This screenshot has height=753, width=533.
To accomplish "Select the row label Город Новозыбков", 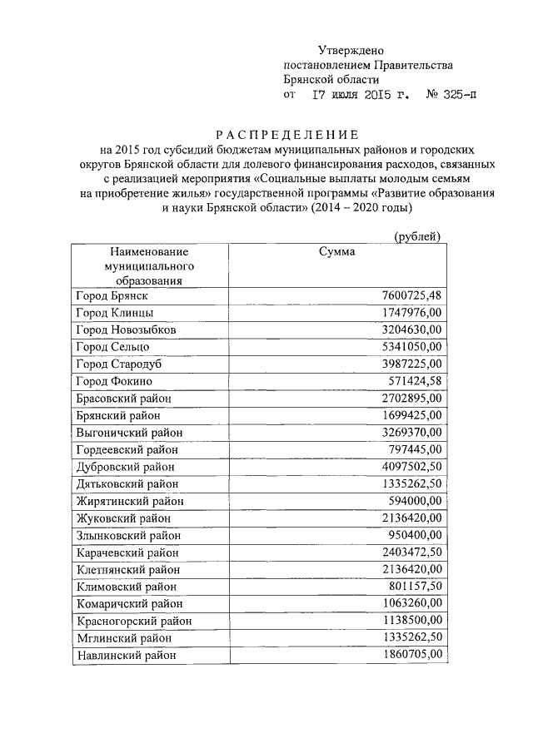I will pos(126,329).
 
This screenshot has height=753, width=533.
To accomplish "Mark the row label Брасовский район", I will pos(123,399).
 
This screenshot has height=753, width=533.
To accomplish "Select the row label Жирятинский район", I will pos(129,501).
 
